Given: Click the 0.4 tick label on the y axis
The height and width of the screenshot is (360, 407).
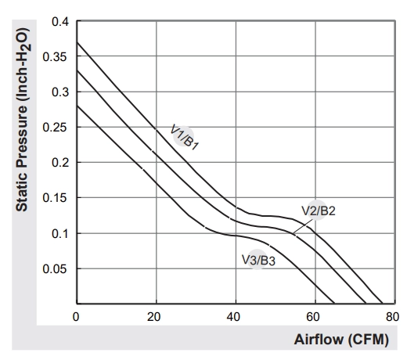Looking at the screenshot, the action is (60, 22).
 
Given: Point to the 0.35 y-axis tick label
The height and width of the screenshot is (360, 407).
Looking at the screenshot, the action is (55, 57).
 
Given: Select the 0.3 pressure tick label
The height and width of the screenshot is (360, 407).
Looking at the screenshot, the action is (60, 92).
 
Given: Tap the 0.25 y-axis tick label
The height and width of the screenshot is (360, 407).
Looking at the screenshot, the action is (55, 128).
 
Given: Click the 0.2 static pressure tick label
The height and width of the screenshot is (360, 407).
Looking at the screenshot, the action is (60, 163).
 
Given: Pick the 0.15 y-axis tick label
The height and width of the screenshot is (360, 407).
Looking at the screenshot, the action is (55, 198).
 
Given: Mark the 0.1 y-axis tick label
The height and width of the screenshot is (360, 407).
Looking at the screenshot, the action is (60, 234).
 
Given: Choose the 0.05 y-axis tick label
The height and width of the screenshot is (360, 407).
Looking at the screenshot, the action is (55, 269).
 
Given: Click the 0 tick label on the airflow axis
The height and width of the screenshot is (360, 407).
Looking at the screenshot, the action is (76, 317).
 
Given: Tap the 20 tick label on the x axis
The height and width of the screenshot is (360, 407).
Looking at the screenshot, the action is (153, 317).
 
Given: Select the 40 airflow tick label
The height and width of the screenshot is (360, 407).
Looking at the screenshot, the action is (233, 317).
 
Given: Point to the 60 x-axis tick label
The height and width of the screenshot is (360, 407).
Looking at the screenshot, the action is (313, 317).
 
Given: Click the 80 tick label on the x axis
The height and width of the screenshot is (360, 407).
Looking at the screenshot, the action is (392, 317).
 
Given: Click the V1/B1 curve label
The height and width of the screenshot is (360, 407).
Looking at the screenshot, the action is (184, 137).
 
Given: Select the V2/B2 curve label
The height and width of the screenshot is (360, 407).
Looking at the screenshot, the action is (319, 211).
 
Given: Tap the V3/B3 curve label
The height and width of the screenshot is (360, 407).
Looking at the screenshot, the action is (258, 260).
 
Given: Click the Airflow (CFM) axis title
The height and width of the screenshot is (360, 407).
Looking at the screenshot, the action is (341, 340).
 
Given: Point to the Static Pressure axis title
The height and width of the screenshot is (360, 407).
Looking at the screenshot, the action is (23, 120).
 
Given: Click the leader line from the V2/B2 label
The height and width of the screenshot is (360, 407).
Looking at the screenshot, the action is (303, 226).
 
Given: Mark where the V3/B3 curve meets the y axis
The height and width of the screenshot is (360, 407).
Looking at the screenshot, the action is (77, 106).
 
